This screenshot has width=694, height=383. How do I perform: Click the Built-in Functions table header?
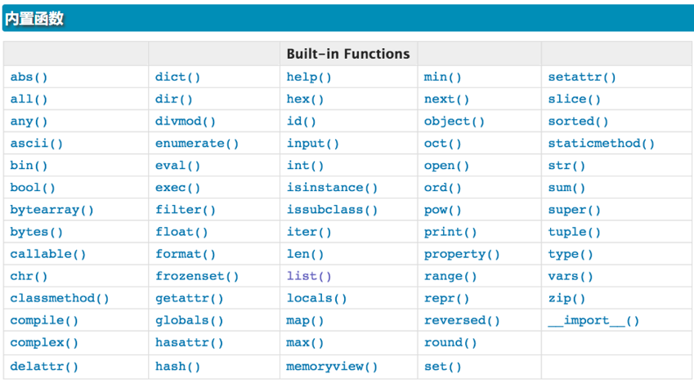[x=348, y=54]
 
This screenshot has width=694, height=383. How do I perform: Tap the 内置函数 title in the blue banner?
[x=34, y=19]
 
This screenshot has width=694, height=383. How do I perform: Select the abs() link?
[x=29, y=77]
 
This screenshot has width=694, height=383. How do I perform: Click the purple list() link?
[x=309, y=276]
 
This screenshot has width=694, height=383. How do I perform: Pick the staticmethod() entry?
[x=601, y=143]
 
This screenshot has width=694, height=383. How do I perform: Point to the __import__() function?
[x=593, y=320]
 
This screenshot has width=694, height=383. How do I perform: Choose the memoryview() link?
[x=332, y=366]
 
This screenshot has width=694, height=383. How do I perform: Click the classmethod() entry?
[x=60, y=298]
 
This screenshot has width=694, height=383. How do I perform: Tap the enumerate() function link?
[x=197, y=143]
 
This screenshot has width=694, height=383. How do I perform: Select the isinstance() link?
[x=332, y=188]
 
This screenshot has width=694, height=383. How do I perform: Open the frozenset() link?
[x=197, y=276]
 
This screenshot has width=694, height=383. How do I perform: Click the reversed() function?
[x=462, y=320]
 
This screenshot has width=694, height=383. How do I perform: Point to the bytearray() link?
[x=51, y=210]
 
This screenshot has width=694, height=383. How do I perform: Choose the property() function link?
[x=462, y=254]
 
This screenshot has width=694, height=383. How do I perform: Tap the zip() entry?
[x=566, y=299]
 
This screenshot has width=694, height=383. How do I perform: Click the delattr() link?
[x=44, y=366]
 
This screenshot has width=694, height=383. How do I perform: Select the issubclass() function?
[x=332, y=210]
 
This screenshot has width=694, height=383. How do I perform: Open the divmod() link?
[x=186, y=121]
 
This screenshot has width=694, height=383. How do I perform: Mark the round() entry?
[x=450, y=342]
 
